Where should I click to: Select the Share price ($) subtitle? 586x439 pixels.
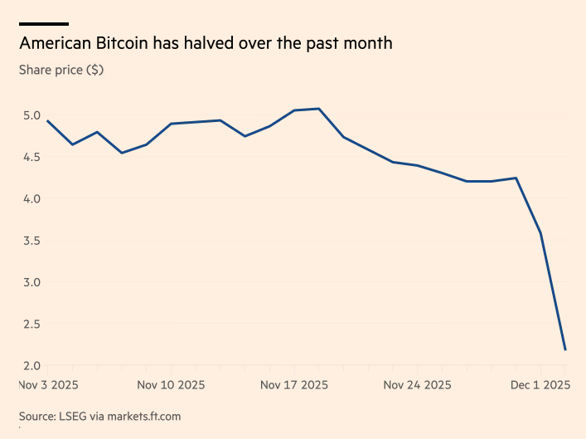61,70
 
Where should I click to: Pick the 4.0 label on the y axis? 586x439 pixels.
31,198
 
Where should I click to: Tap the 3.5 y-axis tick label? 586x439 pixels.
31,241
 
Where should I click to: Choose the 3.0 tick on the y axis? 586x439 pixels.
31,282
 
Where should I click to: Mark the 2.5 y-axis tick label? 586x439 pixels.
31,324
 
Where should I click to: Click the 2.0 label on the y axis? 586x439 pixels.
31,366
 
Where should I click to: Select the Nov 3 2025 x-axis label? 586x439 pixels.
47,385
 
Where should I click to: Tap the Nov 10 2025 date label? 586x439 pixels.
171,385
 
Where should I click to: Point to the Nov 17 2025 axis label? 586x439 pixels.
294,385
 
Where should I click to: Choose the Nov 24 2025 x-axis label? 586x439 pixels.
418,385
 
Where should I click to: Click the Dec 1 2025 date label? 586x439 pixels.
540,385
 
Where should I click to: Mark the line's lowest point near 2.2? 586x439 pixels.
565,349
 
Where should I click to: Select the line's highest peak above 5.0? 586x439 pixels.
319,109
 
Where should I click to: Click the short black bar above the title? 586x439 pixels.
44,24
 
